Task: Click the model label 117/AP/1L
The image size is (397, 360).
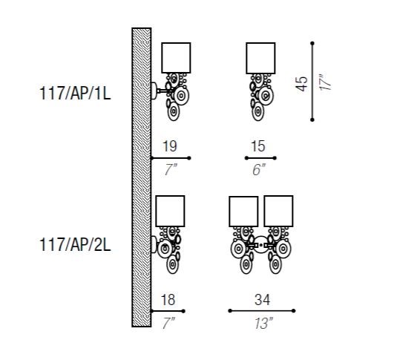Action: pos(75,94)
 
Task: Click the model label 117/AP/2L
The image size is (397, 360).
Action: pos(75,245)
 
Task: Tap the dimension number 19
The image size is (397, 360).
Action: pos(170,146)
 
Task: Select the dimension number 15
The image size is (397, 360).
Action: pos(258,146)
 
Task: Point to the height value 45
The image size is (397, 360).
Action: pos(301,84)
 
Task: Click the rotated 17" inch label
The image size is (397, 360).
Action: pos(325,82)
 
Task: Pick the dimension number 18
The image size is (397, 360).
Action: pos(168,300)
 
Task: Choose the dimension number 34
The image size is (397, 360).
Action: pos(262,300)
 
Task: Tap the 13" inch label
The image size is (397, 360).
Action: pos(263,324)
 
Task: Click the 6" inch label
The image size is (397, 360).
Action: pos(259,169)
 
